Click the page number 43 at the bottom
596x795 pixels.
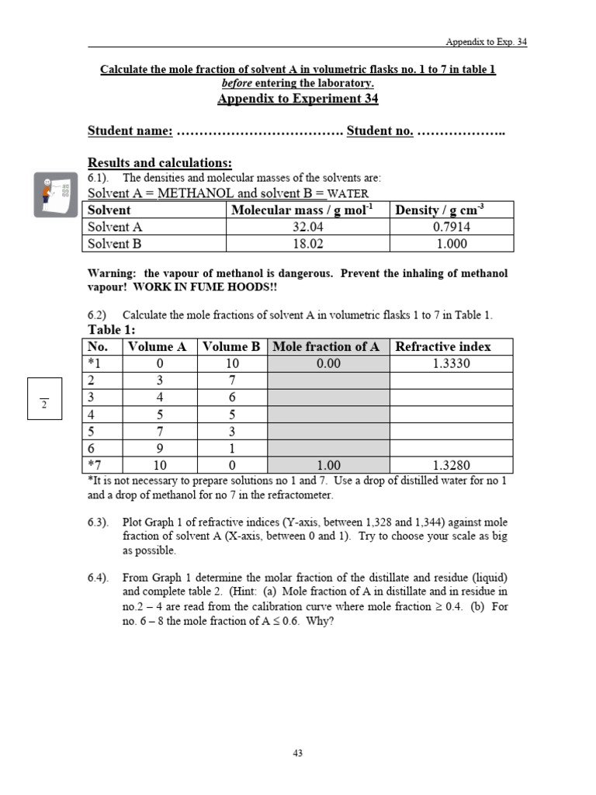298,752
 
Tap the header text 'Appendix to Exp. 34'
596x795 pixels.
486,42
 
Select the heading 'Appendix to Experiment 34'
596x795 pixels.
298,99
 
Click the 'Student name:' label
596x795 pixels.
130,130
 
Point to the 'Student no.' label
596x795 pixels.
379,130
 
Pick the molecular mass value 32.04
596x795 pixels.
307,227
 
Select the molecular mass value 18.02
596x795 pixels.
307,244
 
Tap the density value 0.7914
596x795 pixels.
451,227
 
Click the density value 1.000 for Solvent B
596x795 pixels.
451,244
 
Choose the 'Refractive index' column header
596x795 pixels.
442,346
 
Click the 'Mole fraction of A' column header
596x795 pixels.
329,346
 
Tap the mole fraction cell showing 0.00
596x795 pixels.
329,363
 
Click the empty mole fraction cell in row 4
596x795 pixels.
329,415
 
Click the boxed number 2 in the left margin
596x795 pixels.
44,404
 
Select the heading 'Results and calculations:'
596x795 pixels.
160,162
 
